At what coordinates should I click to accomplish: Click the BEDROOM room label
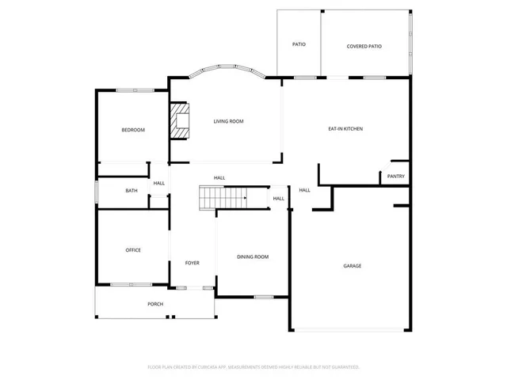click(x=132, y=130)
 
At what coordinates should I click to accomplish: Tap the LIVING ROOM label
click(x=228, y=121)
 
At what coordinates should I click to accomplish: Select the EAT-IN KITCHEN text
click(x=345, y=128)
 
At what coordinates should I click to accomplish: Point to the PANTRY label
click(x=396, y=177)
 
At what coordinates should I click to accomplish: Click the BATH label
click(x=132, y=191)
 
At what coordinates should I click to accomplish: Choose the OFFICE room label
click(x=133, y=250)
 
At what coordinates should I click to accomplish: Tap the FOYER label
click(x=193, y=263)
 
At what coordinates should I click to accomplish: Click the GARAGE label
click(x=352, y=266)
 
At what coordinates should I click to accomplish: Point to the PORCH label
click(x=155, y=304)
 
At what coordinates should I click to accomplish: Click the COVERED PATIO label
click(x=364, y=46)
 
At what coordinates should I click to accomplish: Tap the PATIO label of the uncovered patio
click(x=299, y=44)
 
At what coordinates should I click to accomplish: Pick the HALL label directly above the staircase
click(x=219, y=177)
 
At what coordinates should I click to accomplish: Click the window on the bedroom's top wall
click(x=132, y=90)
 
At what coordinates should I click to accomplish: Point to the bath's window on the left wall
click(x=97, y=192)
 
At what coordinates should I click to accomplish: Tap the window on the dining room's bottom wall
click(x=263, y=297)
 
